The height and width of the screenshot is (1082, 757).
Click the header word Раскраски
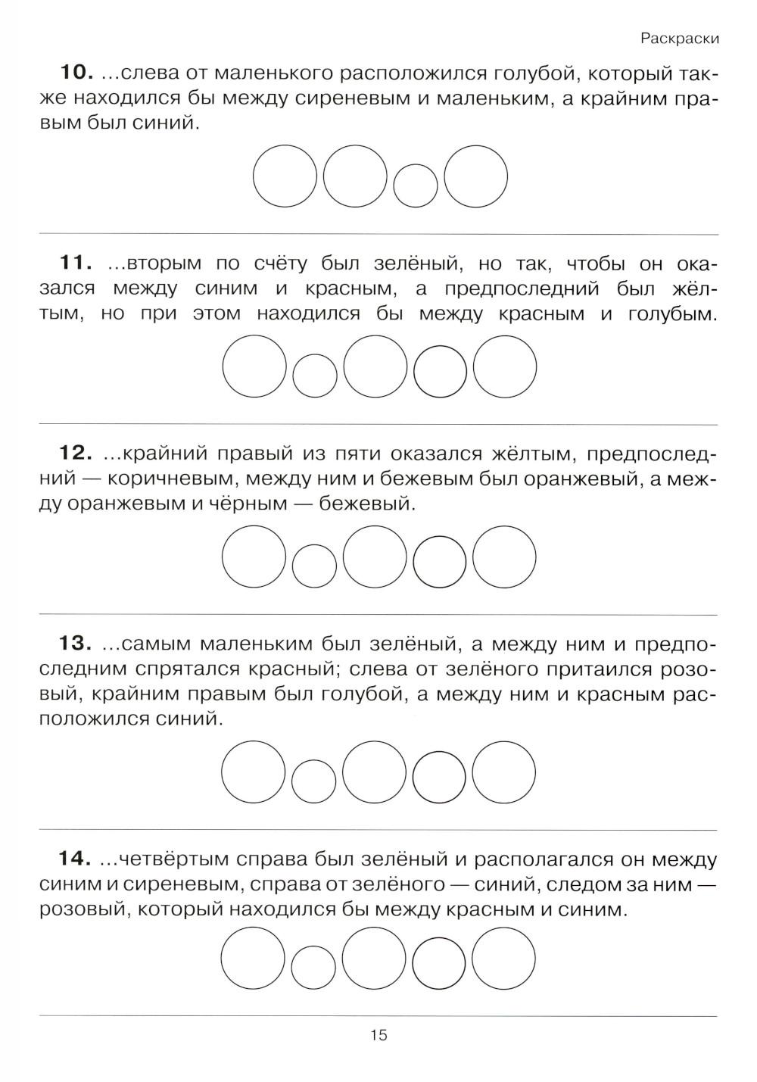(678, 39)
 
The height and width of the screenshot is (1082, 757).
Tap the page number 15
(378, 1035)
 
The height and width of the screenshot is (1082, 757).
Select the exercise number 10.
(76, 73)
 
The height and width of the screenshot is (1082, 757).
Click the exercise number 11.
(76, 263)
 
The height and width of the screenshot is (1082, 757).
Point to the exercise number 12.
(76, 454)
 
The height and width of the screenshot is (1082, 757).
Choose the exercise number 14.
(76, 859)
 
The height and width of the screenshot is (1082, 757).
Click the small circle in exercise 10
(416, 186)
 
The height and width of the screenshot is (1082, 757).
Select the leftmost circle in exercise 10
(285, 178)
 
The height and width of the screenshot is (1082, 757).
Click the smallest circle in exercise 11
(315, 375)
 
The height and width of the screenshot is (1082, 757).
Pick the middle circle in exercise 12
(375, 557)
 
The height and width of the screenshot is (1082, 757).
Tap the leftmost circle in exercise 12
(254, 557)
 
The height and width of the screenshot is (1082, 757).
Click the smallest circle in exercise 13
(314, 780)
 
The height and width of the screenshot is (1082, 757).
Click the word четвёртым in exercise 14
(175, 860)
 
